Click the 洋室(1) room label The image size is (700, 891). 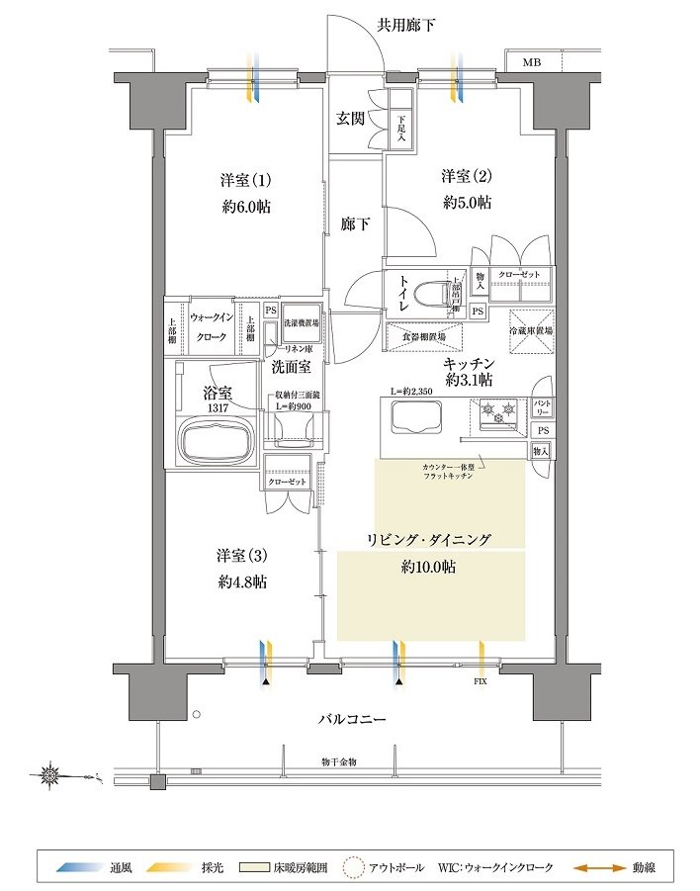tap(245, 181)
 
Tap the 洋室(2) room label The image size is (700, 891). tap(467, 177)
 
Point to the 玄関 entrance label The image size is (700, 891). tap(350, 119)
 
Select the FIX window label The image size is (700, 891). tap(481, 681)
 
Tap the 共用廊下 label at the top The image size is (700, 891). tap(406, 23)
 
